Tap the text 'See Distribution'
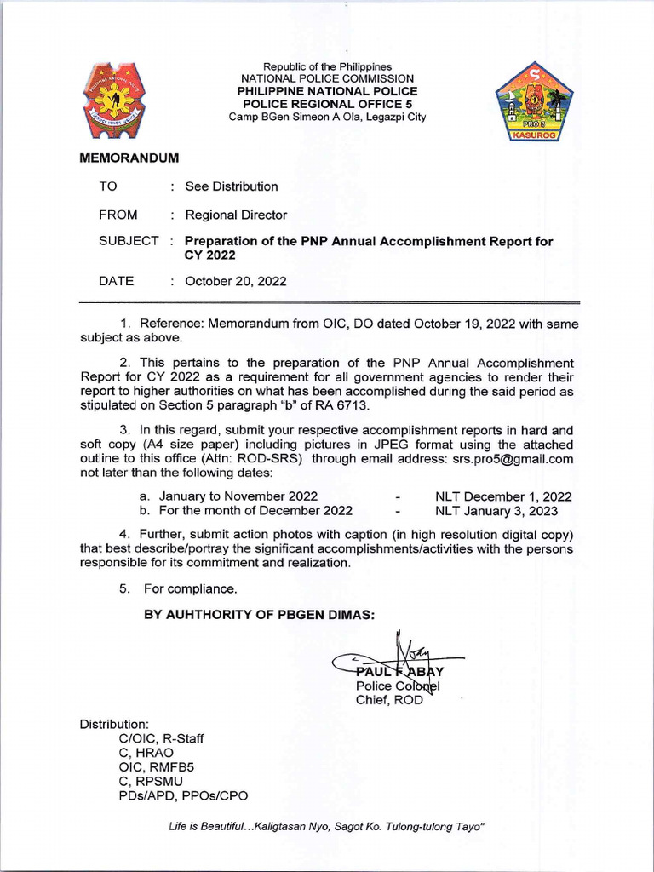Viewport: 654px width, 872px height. point(232,186)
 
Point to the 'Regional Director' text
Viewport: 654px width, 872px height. point(236,215)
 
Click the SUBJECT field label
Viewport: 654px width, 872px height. point(129,241)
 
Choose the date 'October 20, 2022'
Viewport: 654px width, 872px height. point(236,281)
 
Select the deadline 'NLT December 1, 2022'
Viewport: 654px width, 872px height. point(503,496)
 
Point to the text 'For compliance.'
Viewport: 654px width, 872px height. point(191,588)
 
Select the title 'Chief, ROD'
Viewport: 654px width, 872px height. point(388,700)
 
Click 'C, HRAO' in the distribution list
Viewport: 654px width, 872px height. point(147,753)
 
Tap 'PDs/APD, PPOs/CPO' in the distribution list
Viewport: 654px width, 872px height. point(184,795)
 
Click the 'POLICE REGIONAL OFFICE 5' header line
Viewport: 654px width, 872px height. point(328,103)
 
